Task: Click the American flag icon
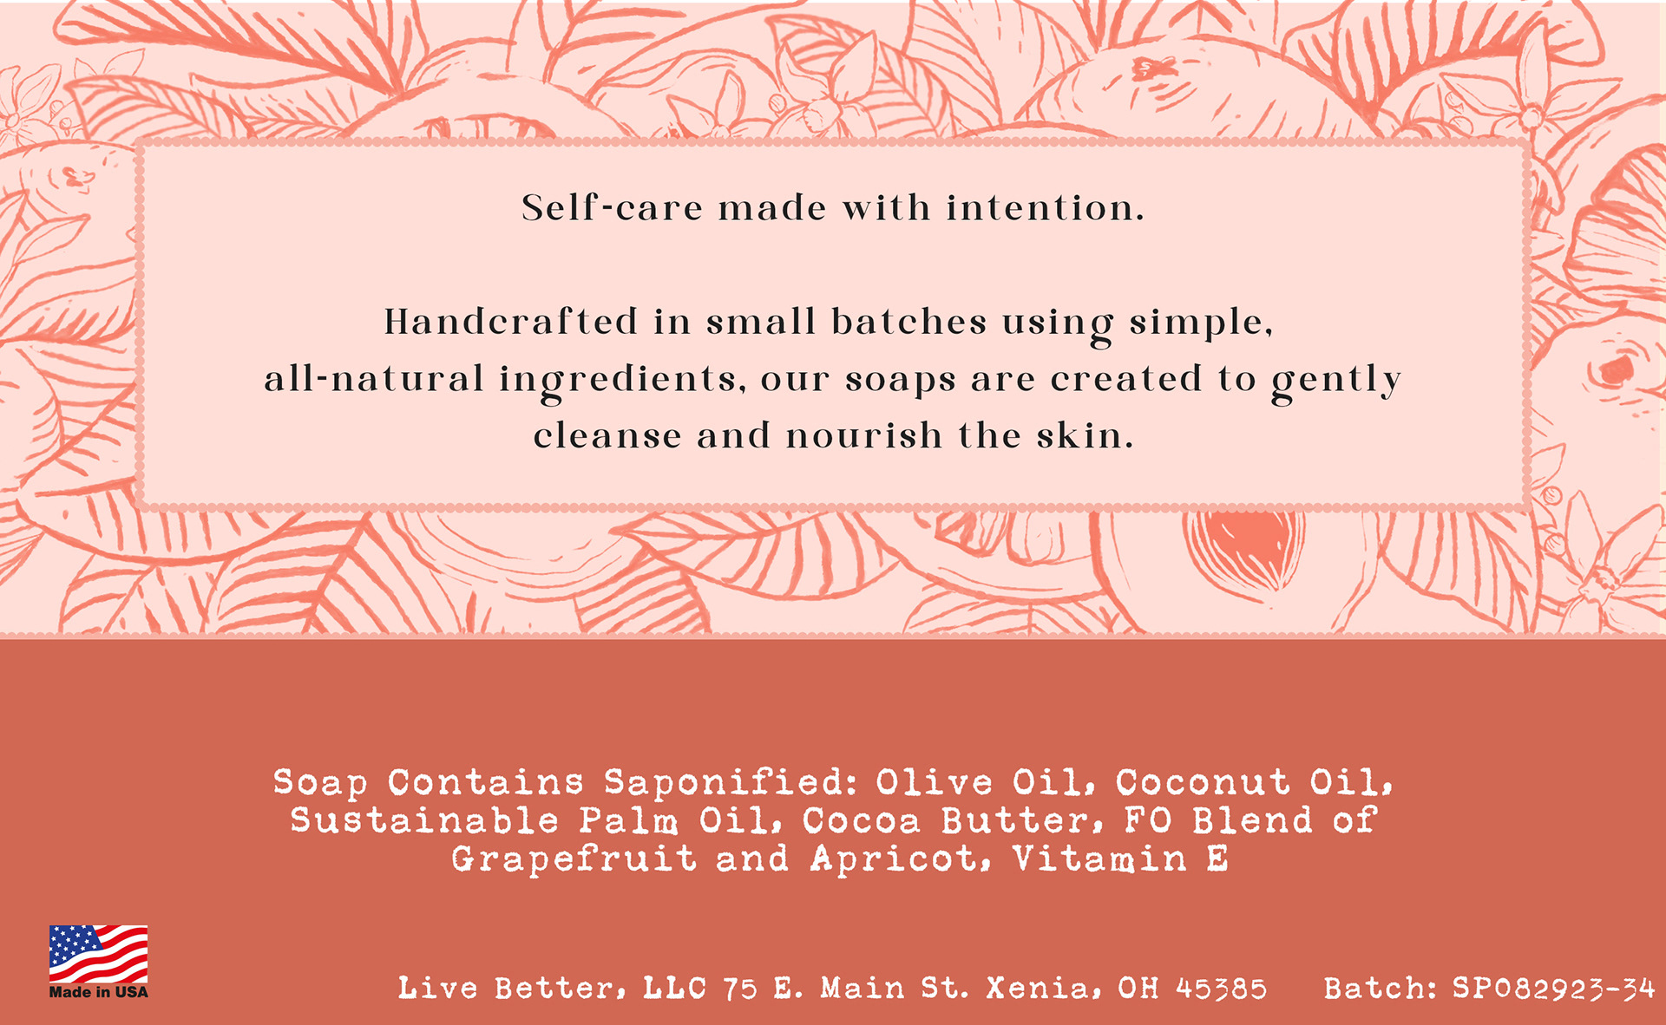click(x=98, y=955)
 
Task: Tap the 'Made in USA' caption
click(x=98, y=992)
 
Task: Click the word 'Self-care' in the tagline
click(x=612, y=208)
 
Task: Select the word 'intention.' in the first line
click(x=1046, y=208)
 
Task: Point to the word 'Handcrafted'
click(x=511, y=322)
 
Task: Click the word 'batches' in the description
click(x=908, y=322)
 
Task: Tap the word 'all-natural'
click(x=374, y=379)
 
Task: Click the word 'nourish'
click(x=864, y=435)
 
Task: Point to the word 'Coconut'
click(x=1204, y=782)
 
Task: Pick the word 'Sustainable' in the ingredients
click(x=425, y=820)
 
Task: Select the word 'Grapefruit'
click(x=574, y=859)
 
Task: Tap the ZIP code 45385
click(x=1222, y=989)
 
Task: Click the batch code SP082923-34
click(x=1554, y=989)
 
